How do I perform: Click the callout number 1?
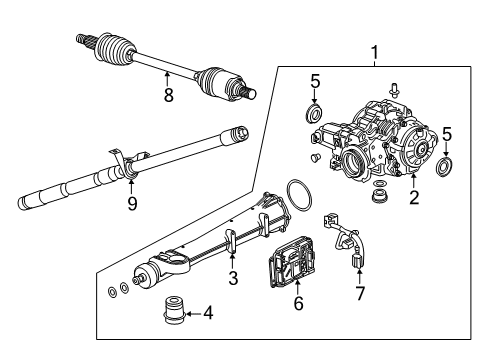tap(375, 52)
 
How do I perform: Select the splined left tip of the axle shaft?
tap(84, 41)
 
